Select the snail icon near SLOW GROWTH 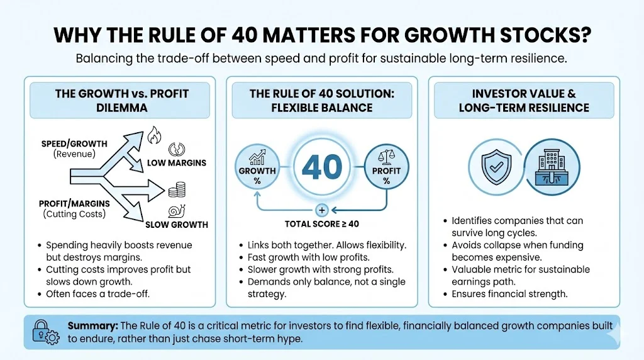[x=175, y=212]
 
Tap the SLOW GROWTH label [x=177, y=225]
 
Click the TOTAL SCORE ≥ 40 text [x=321, y=223]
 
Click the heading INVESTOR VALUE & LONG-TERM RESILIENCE [x=524, y=101]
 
